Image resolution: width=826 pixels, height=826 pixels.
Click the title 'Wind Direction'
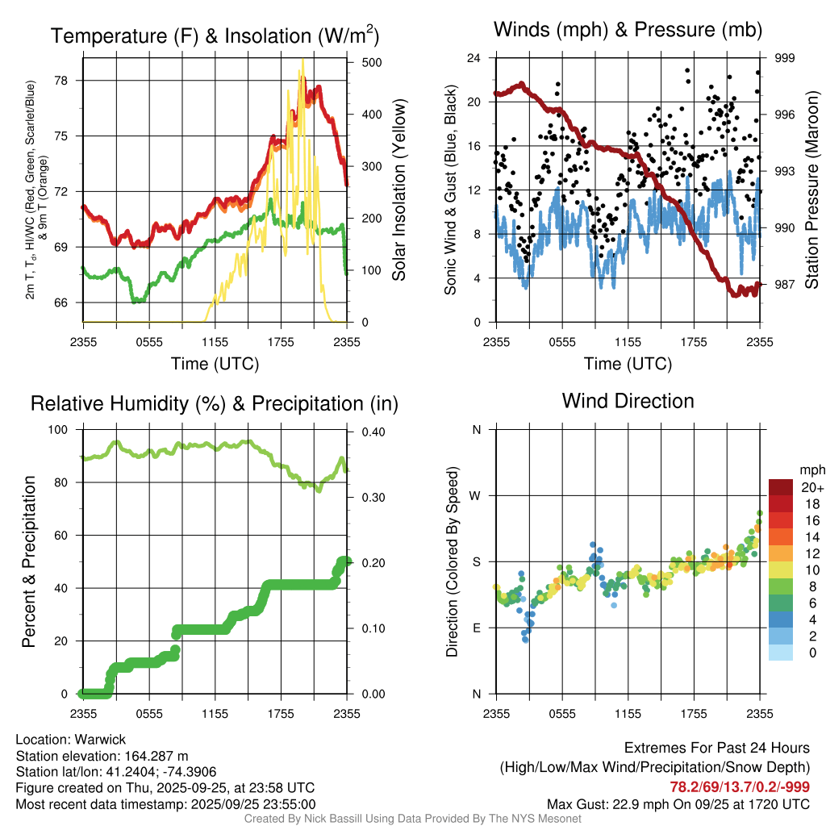(628, 401)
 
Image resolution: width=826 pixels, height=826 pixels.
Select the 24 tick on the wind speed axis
(474, 58)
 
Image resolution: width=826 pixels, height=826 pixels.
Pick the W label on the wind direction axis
(476, 495)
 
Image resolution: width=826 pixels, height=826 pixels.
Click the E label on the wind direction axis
(476, 628)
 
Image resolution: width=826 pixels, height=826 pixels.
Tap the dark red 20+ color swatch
(781, 487)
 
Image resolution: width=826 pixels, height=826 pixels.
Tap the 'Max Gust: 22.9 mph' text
(610, 803)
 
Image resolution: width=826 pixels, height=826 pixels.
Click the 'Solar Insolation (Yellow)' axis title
(399, 190)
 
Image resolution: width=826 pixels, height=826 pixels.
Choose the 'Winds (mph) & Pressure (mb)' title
(628, 31)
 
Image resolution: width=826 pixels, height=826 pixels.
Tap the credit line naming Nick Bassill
(412, 819)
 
